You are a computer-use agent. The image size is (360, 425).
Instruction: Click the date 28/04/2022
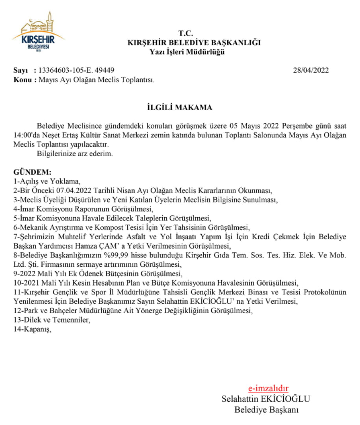(311, 70)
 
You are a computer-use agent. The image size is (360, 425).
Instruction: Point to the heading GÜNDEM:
(32, 173)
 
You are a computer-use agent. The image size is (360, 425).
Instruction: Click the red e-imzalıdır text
(268, 388)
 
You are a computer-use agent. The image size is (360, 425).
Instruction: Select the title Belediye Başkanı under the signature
(266, 410)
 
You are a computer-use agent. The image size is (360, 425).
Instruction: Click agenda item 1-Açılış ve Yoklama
(47, 182)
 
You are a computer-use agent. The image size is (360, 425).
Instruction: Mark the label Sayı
(21, 70)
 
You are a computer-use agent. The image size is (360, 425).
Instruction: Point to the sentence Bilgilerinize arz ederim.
(75, 154)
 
